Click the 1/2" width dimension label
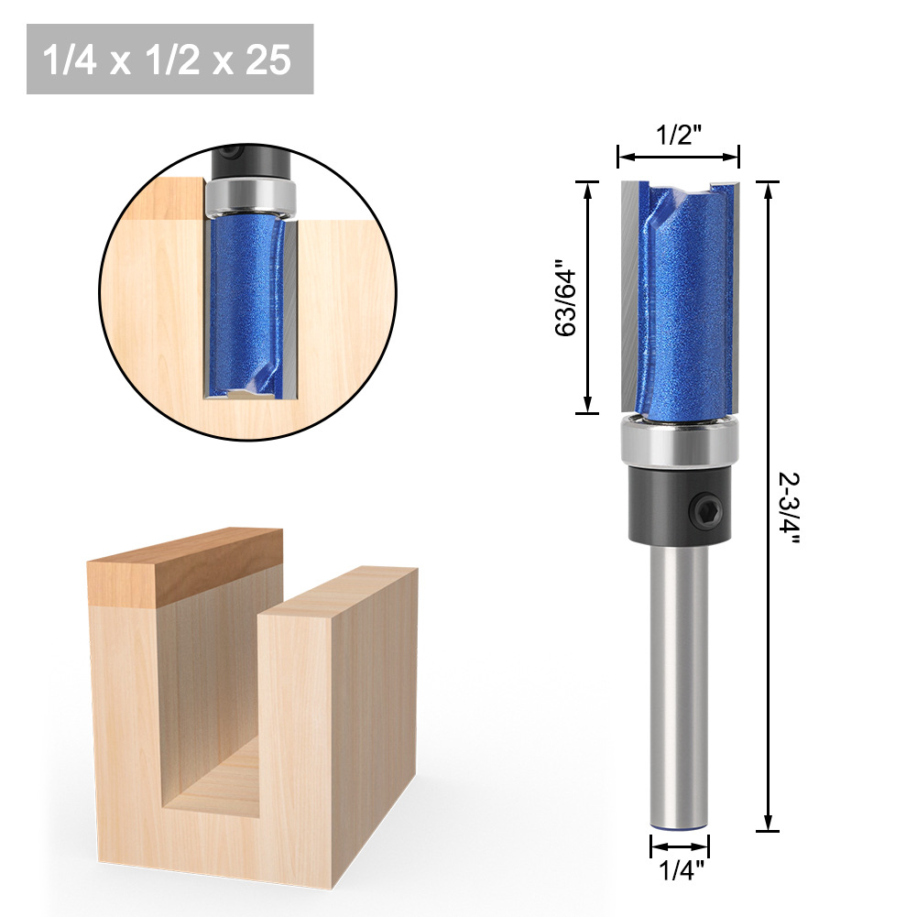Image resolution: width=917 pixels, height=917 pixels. click(x=679, y=135)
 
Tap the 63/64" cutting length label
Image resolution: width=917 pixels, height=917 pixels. click(x=565, y=298)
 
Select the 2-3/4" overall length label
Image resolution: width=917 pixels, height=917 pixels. click(x=789, y=508)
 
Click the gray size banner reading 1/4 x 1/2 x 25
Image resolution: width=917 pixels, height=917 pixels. click(x=170, y=59)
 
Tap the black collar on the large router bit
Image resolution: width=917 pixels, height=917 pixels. click(x=680, y=504)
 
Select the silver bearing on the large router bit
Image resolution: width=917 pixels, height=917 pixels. click(x=680, y=442)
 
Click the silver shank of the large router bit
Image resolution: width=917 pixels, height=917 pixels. click(x=680, y=685)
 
